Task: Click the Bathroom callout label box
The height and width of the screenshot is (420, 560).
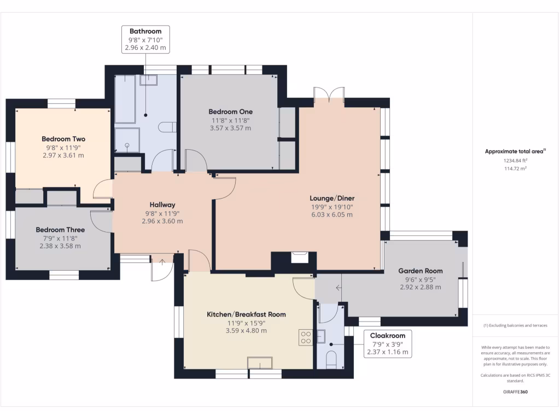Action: pyautogui.click(x=145, y=39)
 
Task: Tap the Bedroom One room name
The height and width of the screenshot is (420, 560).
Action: pyautogui.click(x=231, y=112)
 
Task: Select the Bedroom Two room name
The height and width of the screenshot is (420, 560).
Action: pyautogui.click(x=63, y=139)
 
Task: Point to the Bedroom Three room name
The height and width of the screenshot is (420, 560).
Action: pyautogui.click(x=60, y=230)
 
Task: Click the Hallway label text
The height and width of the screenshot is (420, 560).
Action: pyautogui.click(x=162, y=205)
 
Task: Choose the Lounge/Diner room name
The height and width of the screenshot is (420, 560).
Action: pyautogui.click(x=332, y=198)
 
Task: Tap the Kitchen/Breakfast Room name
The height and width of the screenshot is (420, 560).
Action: pyautogui.click(x=247, y=314)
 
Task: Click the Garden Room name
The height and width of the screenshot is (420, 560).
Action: pyautogui.click(x=421, y=271)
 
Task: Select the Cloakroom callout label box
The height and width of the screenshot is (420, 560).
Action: pyautogui.click(x=388, y=344)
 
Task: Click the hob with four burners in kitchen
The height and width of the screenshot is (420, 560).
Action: pyautogui.click(x=306, y=337)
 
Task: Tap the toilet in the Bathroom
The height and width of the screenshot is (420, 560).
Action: pyautogui.click(x=167, y=127)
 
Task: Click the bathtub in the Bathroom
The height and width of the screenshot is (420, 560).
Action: pyautogui.click(x=125, y=99)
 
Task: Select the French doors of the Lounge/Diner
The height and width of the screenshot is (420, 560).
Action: pyautogui.click(x=329, y=93)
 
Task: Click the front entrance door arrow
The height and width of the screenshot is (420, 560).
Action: pyautogui.click(x=162, y=262)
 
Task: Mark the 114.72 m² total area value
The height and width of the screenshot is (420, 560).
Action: pyautogui.click(x=515, y=168)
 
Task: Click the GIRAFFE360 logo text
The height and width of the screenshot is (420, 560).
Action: pyautogui.click(x=515, y=392)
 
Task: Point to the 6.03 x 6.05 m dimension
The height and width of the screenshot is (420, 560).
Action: pyautogui.click(x=332, y=214)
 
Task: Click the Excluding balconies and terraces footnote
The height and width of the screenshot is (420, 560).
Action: pyautogui.click(x=515, y=325)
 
